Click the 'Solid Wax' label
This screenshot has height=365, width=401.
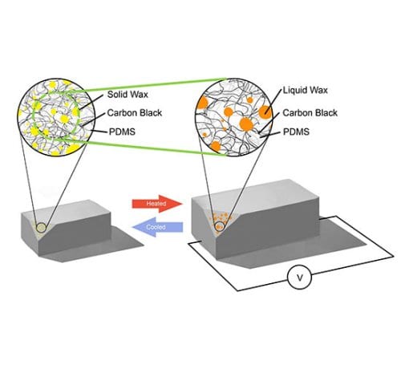pyautogui.click(x=128, y=94)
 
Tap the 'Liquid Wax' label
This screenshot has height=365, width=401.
pyautogui.click(x=306, y=90)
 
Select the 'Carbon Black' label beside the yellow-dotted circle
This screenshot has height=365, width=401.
pyautogui.click(x=135, y=113)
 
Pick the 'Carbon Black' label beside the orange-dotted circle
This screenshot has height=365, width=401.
pyautogui.click(x=310, y=113)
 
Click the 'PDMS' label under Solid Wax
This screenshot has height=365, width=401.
pyautogui.click(x=122, y=132)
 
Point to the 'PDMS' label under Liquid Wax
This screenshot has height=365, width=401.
pyautogui.click(x=296, y=132)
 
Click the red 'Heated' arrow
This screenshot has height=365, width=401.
pyautogui.click(x=157, y=204)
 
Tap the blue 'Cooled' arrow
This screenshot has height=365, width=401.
pyautogui.click(x=158, y=227)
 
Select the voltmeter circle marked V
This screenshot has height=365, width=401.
pyautogui.click(x=299, y=278)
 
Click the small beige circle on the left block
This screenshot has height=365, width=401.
pyautogui.click(x=41, y=228)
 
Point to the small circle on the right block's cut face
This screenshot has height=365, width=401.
pyautogui.click(x=220, y=226)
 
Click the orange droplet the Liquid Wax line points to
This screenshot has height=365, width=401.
pyautogui.click(x=265, y=112)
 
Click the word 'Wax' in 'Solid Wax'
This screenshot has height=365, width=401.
pyautogui.click(x=138, y=94)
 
